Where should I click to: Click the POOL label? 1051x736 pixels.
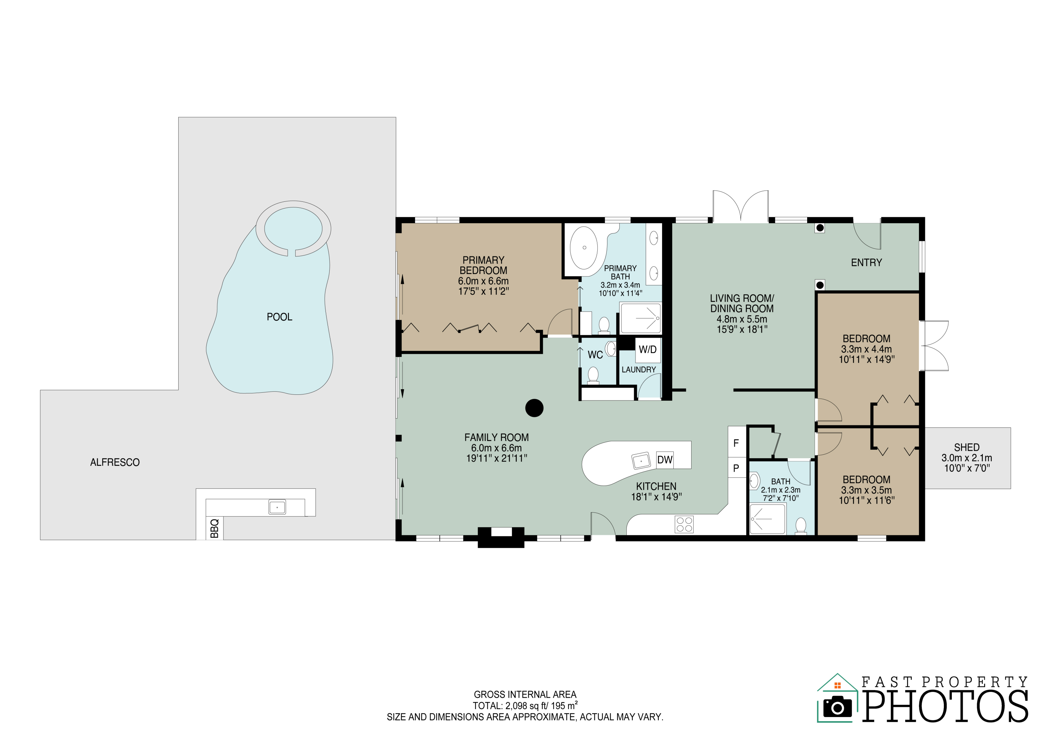[279, 317]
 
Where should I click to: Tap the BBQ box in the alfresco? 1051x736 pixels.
[214, 528]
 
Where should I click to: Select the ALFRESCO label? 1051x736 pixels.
[115, 462]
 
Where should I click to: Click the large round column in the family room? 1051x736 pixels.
[534, 407]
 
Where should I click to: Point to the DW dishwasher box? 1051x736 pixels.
[665, 460]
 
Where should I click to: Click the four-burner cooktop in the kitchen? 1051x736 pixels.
[684, 524]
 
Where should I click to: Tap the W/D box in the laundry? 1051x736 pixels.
[647, 350]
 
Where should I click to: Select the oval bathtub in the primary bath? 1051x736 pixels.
[584, 248]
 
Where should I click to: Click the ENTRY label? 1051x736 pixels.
[866, 263]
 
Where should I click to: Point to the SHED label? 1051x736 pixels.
[966, 447]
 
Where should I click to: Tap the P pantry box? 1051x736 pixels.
[736, 468]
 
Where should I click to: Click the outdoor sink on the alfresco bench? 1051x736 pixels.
[277, 507]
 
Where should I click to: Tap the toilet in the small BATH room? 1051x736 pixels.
[801, 525]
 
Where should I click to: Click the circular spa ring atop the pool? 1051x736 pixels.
[293, 228]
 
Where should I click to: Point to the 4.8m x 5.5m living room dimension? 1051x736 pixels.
[742, 319]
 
